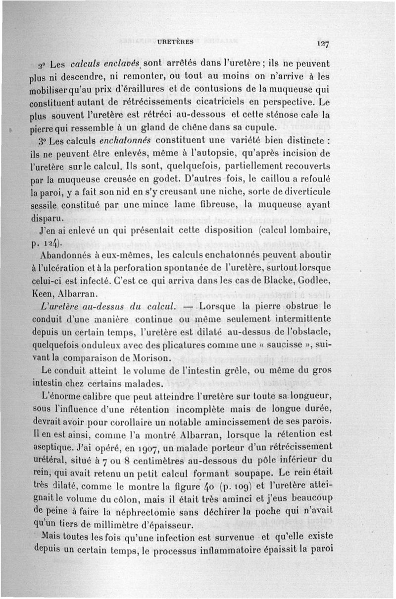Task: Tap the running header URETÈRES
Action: pyautogui.click(x=175, y=42)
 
